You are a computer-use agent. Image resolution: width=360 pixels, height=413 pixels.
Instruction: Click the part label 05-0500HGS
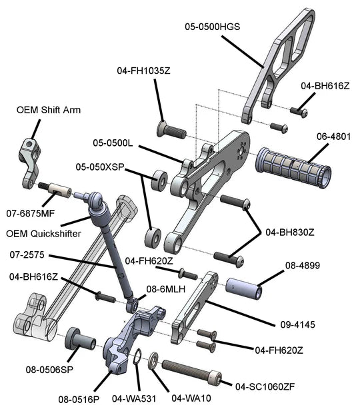[x=212, y=27]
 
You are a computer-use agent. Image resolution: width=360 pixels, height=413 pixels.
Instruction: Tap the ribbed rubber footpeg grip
[x=294, y=167]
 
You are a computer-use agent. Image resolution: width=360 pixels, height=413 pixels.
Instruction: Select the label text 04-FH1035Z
[x=143, y=70]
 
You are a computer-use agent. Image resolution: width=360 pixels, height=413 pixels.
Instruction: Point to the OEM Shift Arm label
[x=49, y=110]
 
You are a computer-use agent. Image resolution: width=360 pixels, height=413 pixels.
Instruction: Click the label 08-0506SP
[x=50, y=370]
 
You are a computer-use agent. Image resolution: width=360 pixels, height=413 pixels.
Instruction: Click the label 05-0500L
[x=114, y=143]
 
